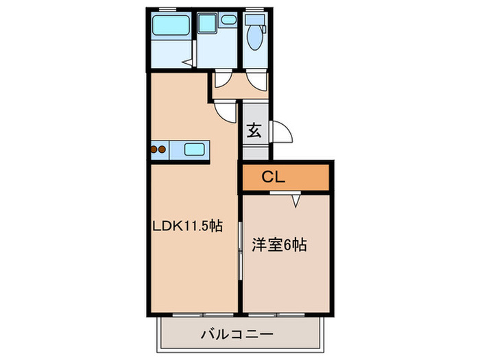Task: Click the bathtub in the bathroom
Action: (171, 25)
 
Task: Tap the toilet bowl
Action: (254, 37)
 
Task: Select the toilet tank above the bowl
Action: (254, 20)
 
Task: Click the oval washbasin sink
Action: (229, 20)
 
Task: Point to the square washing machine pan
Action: (207, 23)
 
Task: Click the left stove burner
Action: (154, 149)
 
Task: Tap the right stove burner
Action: (162, 149)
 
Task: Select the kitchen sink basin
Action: (194, 149)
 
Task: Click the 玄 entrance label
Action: (254, 130)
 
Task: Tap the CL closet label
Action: (274, 177)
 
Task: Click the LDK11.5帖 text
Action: (188, 226)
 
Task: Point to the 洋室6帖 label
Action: (279, 245)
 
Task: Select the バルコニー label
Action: (237, 335)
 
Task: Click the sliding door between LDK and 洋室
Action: (240, 251)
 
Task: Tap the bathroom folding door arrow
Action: (187, 63)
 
